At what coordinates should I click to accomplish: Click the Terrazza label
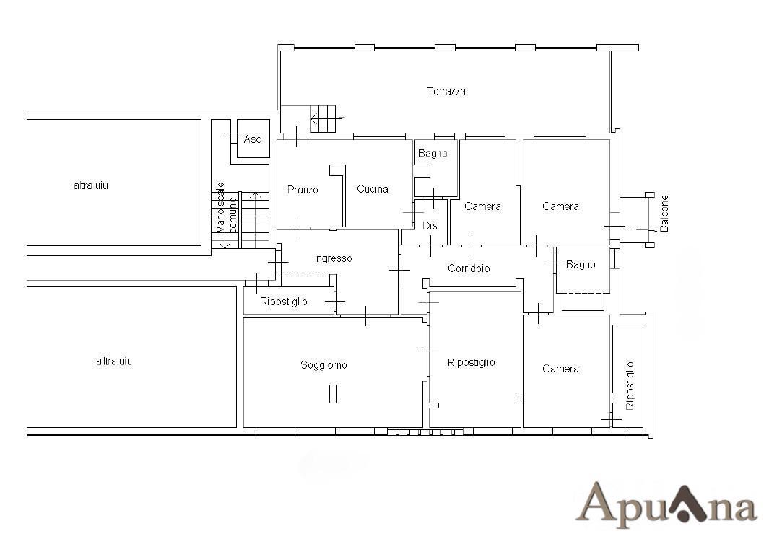pos(446,91)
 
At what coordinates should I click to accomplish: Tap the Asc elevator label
pos(252,139)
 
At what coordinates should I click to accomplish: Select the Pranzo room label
pos(303,190)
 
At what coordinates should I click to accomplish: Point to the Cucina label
pos(373,188)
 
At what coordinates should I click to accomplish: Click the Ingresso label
pos(334,259)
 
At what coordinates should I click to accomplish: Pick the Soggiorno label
pos(323,365)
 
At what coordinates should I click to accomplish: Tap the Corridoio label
pos(469,268)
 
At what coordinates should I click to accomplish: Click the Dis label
pos(430,226)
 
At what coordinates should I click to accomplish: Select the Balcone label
pos(664,214)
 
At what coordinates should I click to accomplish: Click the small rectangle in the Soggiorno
pos(333,393)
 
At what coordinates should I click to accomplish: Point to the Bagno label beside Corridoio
pos(581,265)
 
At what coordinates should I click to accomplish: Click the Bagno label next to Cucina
pos(433,154)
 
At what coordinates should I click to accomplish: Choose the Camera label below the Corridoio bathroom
pos(560,369)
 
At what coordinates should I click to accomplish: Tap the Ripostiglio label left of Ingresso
pos(284,302)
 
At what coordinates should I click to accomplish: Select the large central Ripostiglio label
pos(472,363)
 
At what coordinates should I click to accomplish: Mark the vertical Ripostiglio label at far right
pos(630,385)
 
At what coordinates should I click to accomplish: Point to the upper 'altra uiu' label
pos(91,185)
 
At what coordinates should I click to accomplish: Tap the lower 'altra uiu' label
pos(114,361)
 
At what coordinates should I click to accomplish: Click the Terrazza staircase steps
pos(323,118)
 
